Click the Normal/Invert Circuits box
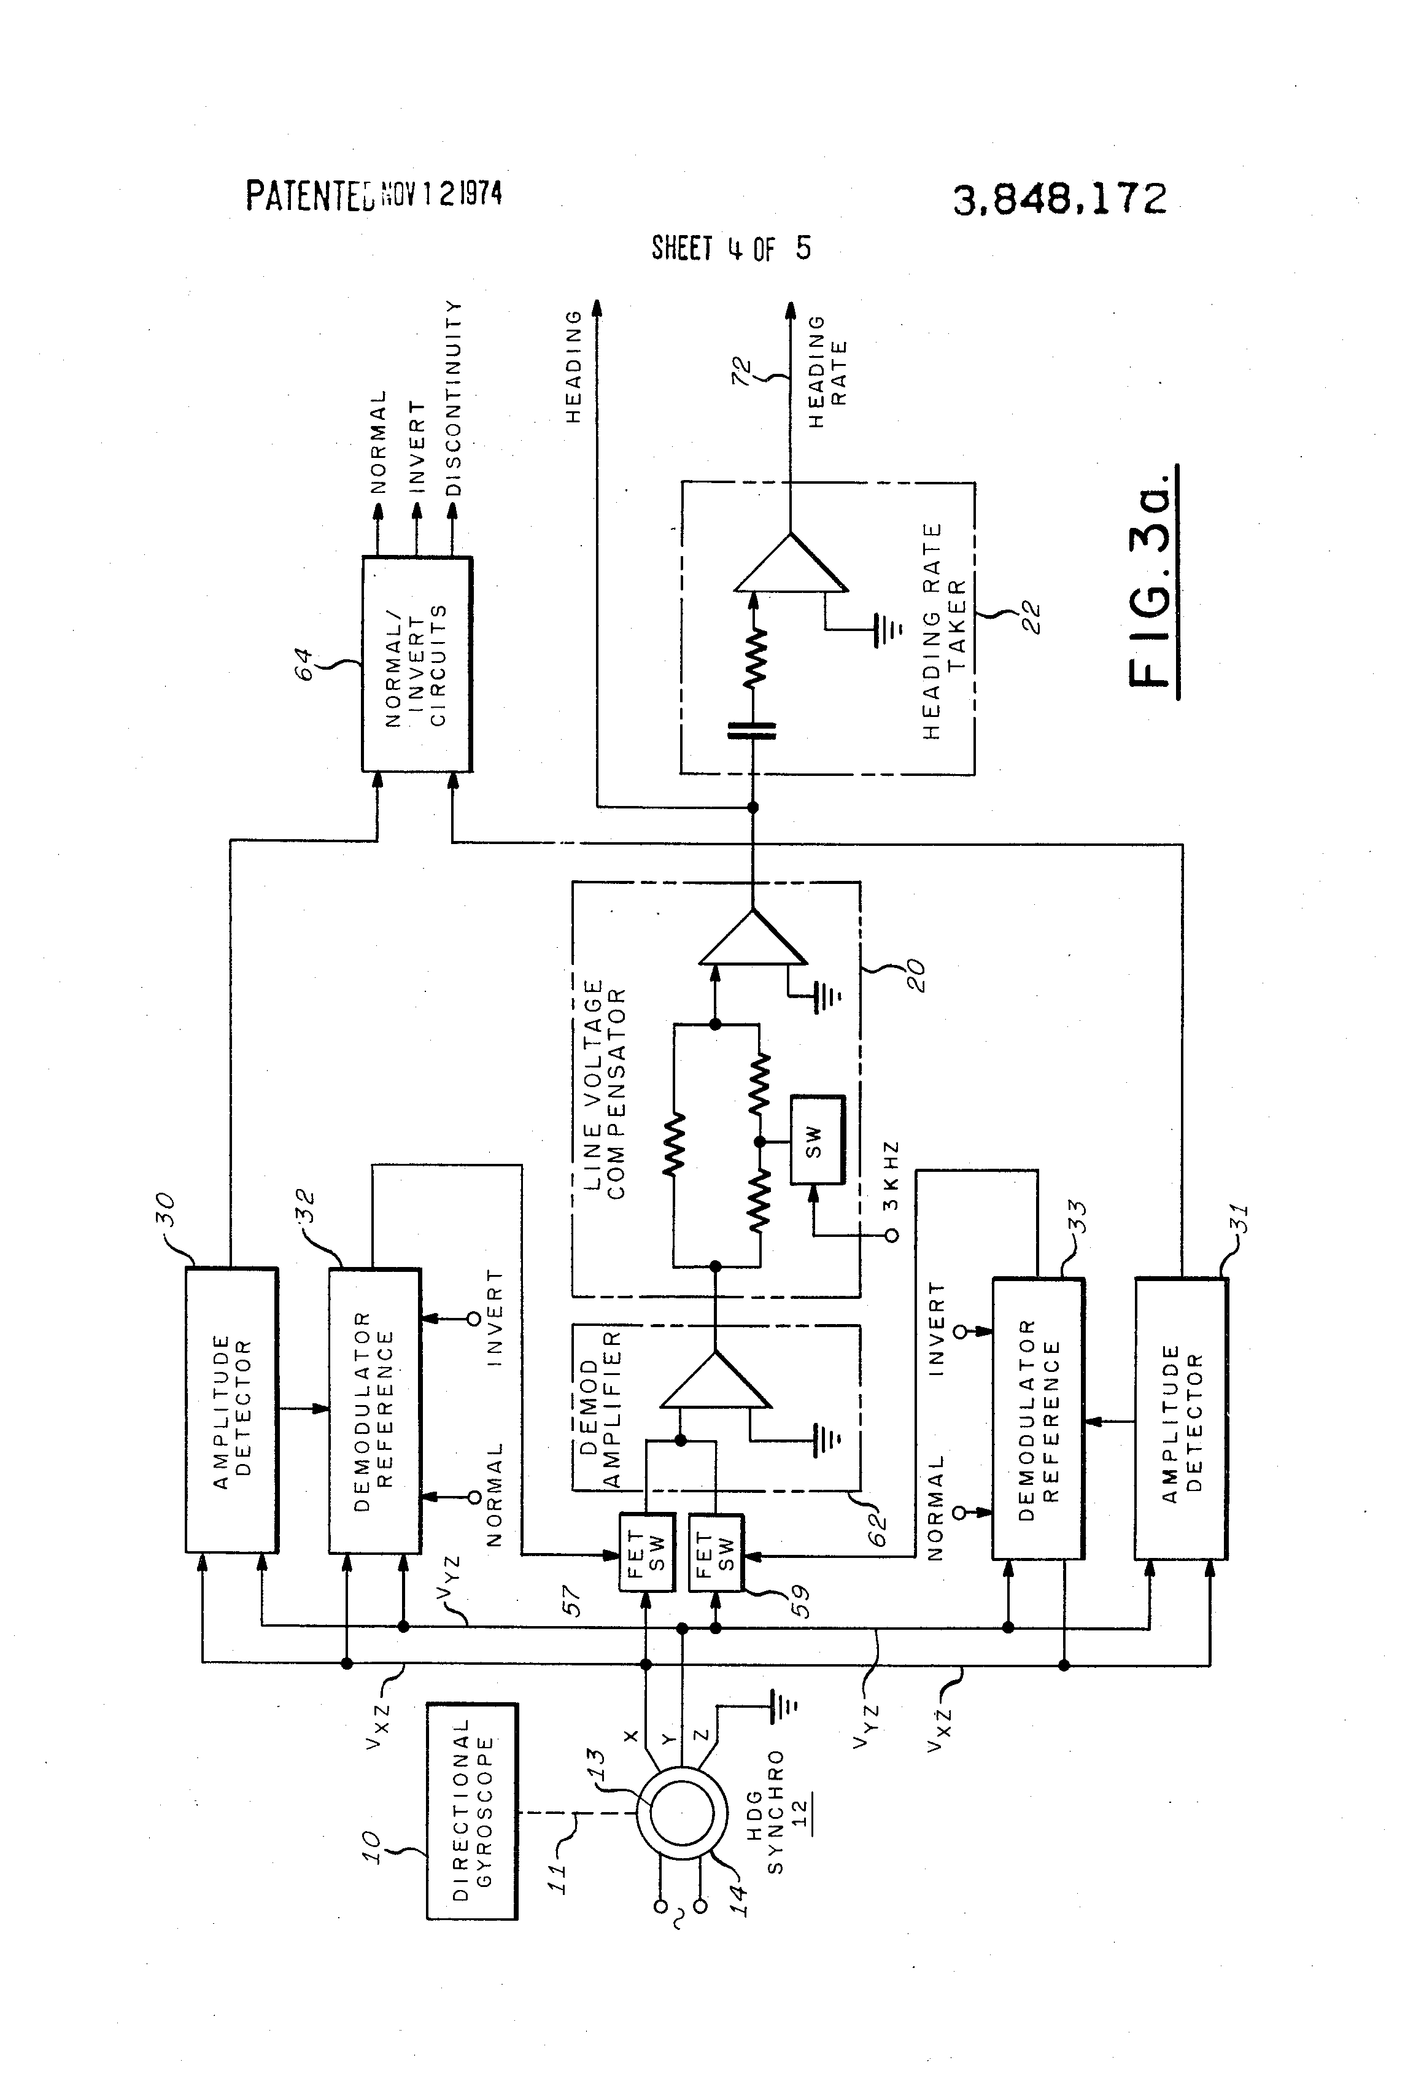[417, 664]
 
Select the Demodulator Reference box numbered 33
[1038, 1419]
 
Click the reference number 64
[306, 664]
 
